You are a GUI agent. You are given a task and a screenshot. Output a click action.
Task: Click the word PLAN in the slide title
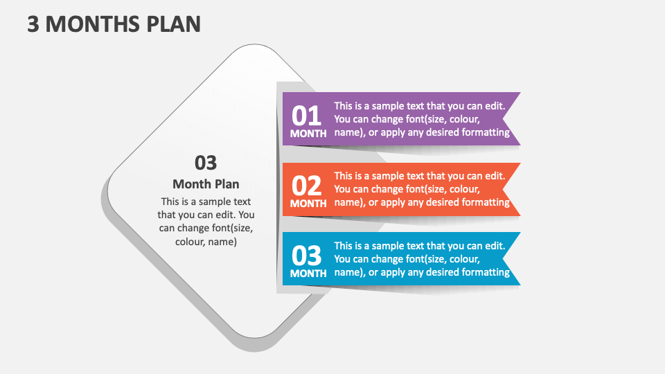point(173,24)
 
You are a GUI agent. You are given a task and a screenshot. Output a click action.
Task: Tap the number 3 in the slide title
point(33,24)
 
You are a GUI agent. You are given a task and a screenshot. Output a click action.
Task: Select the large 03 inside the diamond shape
point(206,163)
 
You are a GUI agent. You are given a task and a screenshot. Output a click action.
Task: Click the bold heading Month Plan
point(206,184)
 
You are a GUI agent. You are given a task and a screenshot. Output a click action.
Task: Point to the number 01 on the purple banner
point(307,115)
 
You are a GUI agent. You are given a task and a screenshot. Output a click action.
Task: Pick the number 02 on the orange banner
point(307,186)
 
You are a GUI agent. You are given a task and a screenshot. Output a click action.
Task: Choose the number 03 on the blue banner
point(307,256)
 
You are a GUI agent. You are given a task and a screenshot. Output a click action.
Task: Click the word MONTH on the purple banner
point(308,134)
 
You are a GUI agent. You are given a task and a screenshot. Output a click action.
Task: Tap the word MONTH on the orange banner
point(308,204)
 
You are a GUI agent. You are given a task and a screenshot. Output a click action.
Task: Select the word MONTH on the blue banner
point(308,274)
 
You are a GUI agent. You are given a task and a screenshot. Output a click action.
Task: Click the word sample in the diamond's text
point(215,202)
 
